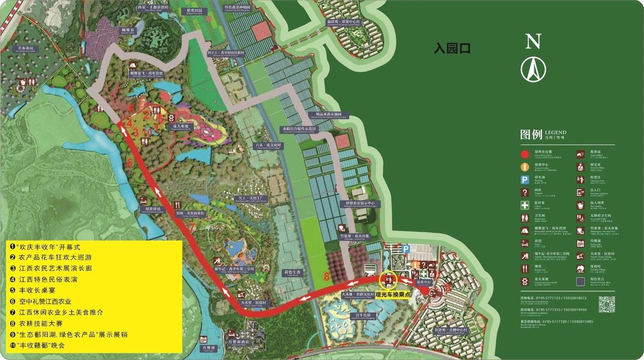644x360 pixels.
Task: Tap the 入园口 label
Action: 452,49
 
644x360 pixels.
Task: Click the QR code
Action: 606,304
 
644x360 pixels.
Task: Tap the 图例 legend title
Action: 531,135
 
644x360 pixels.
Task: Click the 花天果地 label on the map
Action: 181,126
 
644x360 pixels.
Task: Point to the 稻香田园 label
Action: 194,10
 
